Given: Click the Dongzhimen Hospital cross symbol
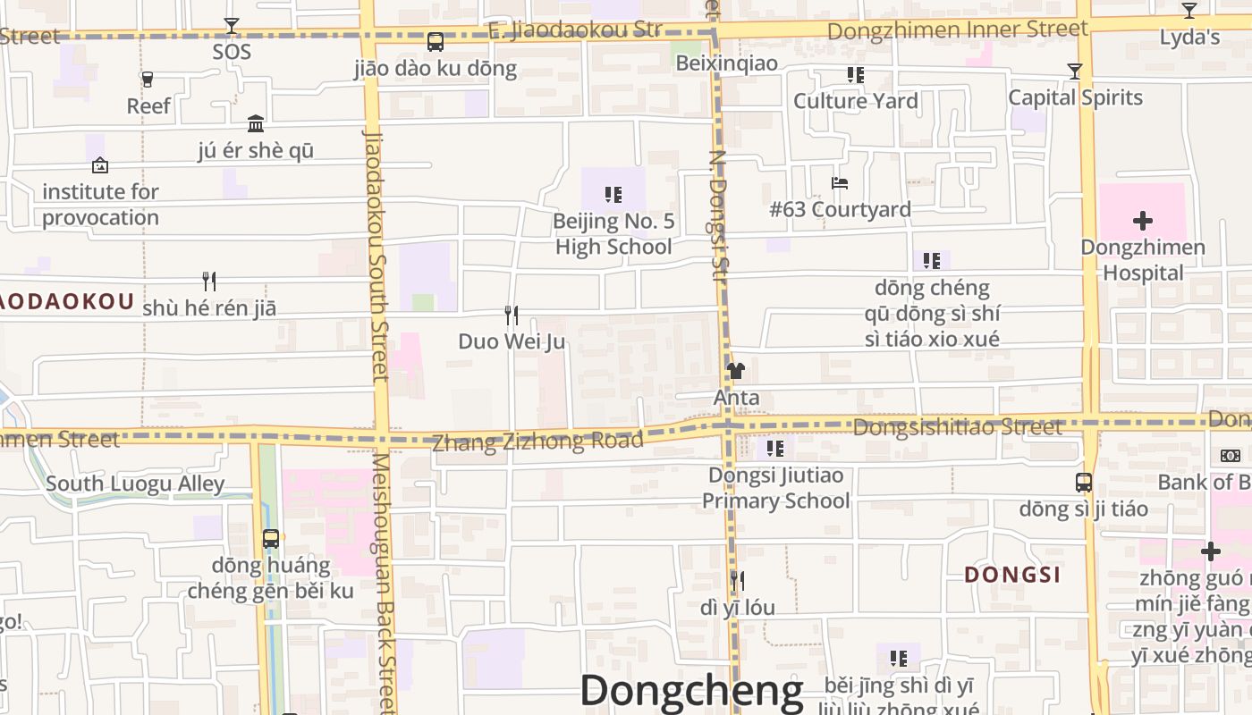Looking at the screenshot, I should (1142, 221).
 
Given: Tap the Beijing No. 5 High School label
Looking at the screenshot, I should (613, 234).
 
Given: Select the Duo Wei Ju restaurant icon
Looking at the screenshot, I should (511, 315).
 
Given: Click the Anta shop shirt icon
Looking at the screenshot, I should (736, 371).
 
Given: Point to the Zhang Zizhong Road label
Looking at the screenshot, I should (537, 441).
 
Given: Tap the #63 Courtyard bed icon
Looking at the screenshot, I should (839, 183).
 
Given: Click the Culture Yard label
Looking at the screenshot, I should (856, 101).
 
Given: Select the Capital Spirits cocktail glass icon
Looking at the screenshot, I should (1075, 71).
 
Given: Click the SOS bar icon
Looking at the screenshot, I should (232, 26).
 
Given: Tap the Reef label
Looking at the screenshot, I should (148, 105).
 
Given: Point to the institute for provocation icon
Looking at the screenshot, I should (100, 165).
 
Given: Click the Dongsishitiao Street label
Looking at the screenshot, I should (958, 428).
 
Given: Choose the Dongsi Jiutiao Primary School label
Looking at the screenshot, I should (775, 488).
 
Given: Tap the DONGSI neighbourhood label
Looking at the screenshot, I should (1012, 575).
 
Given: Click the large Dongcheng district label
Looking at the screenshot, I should (692, 691).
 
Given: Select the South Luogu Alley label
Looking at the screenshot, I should (135, 484).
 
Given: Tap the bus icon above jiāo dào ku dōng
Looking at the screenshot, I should (436, 42).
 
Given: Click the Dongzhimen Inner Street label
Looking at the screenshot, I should (958, 30).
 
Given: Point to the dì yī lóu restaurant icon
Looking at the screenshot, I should (736, 581).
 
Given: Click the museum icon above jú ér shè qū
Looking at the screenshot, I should (256, 123).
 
